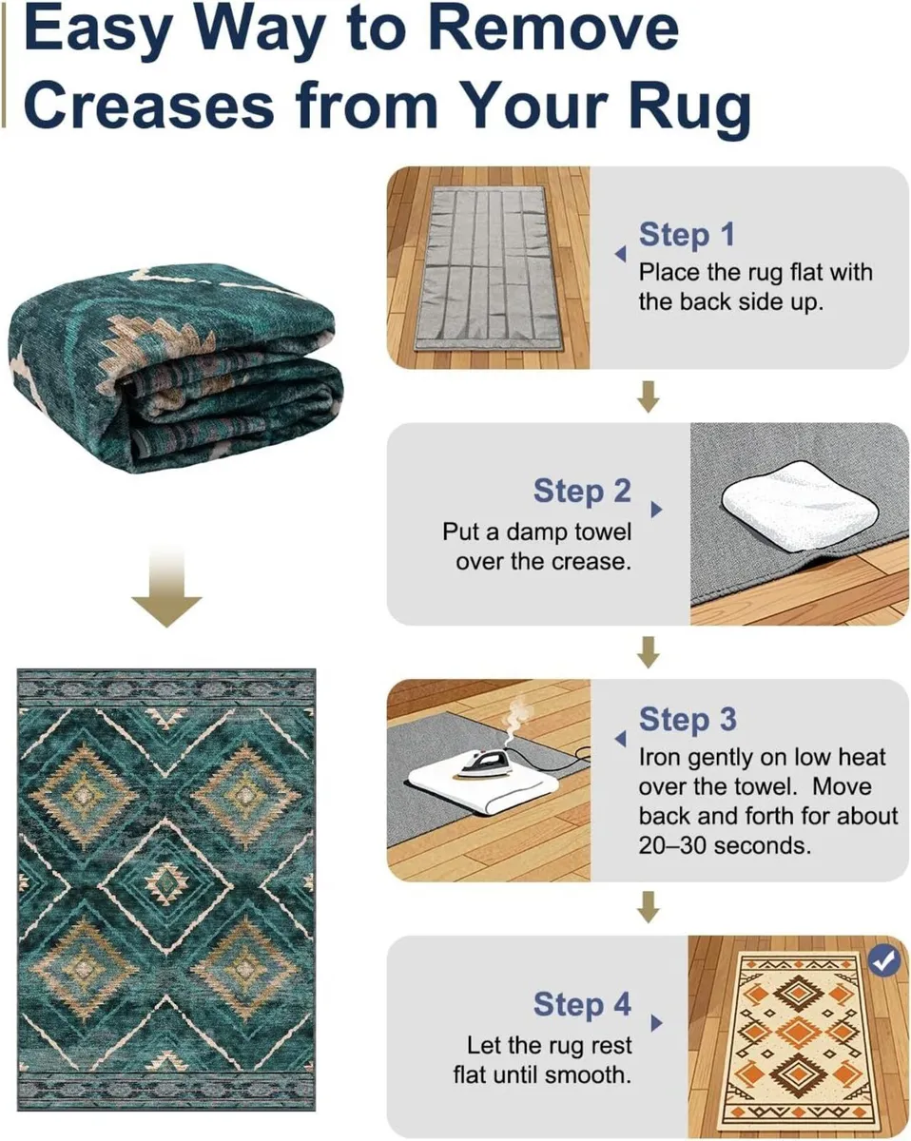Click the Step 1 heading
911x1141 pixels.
point(687,234)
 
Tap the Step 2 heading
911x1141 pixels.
point(582,491)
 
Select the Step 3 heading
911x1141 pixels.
point(688,719)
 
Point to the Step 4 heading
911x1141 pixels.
point(582,1004)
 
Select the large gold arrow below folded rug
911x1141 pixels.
point(166,589)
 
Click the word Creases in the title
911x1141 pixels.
point(149,105)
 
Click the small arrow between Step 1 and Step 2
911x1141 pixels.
point(648,396)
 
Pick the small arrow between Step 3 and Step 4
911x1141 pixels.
point(648,907)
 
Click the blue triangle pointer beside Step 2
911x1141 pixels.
point(656,510)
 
